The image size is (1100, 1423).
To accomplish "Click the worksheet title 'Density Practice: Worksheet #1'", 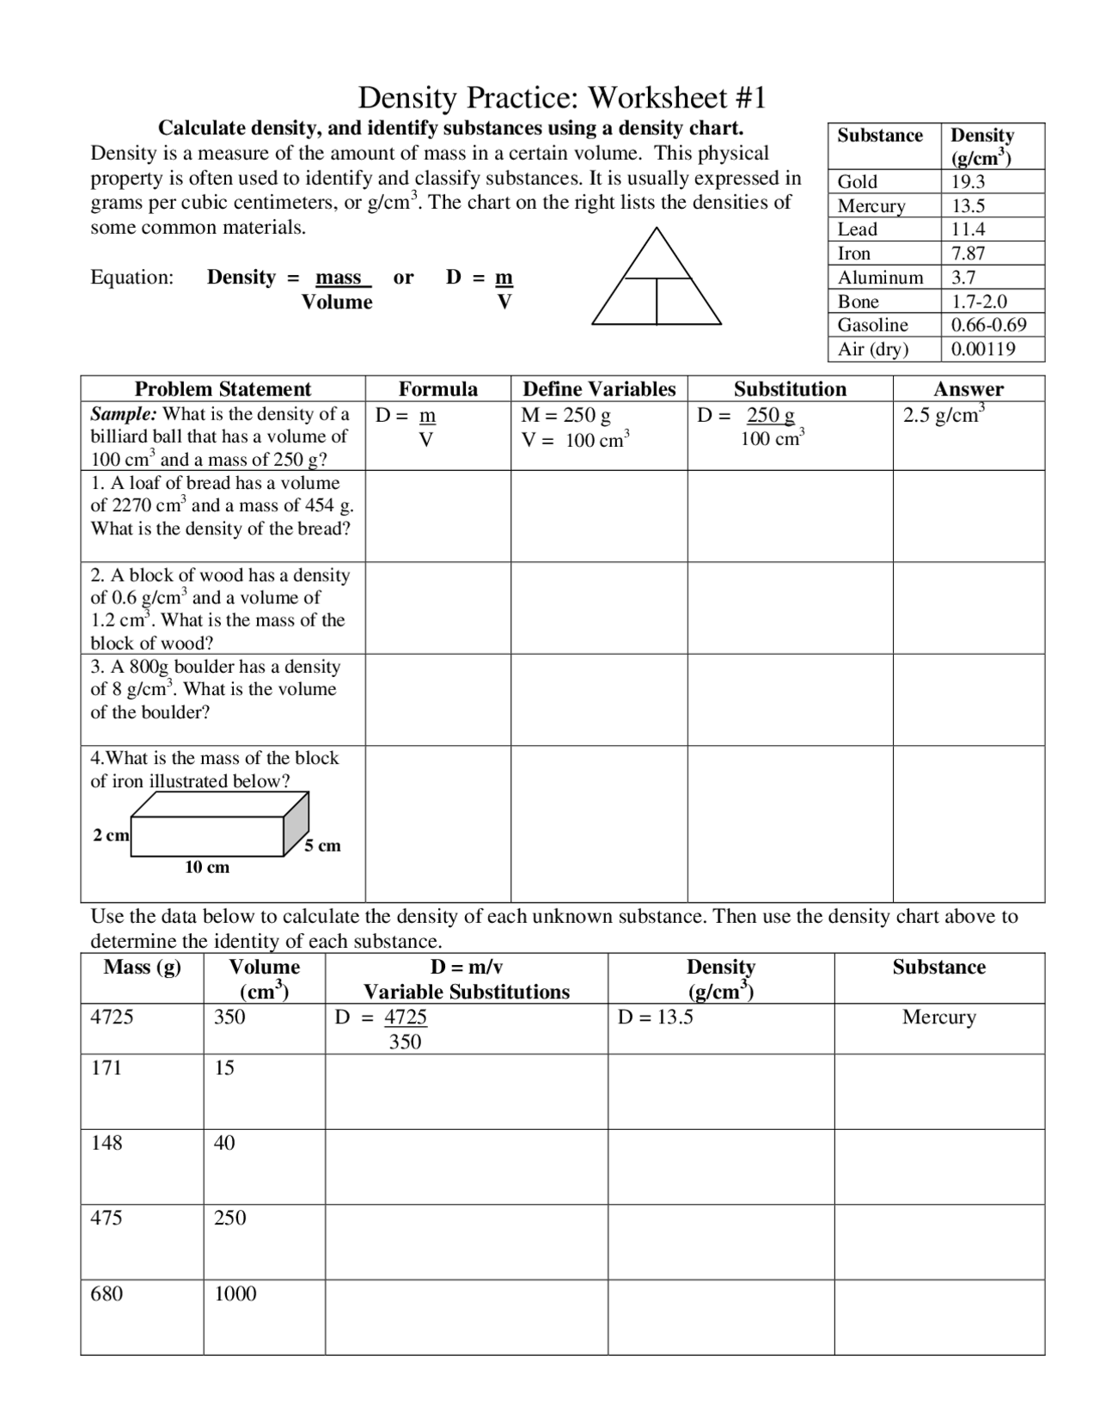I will tap(561, 98).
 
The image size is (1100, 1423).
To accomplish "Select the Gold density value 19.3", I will tap(968, 181).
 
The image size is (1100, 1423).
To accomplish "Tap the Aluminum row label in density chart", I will tap(880, 278).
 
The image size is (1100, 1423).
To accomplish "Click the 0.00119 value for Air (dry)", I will tap(983, 349).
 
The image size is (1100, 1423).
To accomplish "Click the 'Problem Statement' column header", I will tap(223, 389).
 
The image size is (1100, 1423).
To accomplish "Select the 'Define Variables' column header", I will tap(599, 389).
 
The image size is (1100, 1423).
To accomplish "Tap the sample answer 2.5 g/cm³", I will tap(943, 415).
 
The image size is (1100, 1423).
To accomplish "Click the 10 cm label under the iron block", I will tap(207, 868).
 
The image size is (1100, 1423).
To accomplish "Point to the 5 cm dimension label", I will tap(323, 846).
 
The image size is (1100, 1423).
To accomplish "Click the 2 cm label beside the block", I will tap(111, 835).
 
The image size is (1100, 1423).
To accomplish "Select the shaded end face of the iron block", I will tap(296, 823).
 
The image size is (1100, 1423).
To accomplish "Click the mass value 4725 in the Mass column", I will tap(112, 1017).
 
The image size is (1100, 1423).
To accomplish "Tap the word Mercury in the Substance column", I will tap(938, 1017).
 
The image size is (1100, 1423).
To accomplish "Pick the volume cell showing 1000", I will tap(235, 1294).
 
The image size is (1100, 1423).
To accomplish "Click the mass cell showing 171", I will tap(107, 1068).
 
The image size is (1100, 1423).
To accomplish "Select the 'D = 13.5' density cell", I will tap(655, 1017).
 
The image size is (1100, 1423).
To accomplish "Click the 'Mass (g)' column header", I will tap(142, 968).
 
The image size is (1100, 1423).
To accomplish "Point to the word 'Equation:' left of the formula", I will tap(132, 278).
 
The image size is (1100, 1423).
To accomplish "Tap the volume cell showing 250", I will tap(229, 1218).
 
